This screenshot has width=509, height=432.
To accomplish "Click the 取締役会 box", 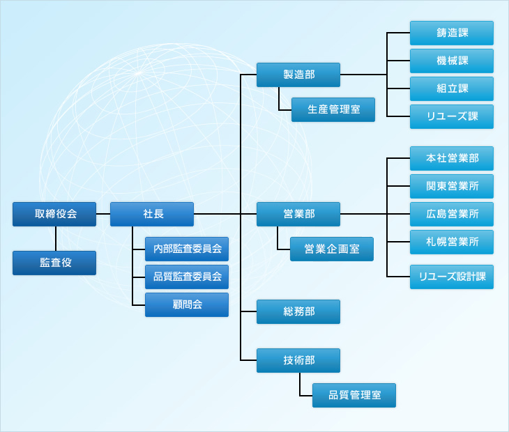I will click(x=54, y=214).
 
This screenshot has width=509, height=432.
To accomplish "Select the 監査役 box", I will click(x=54, y=263).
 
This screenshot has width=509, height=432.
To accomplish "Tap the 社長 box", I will click(x=152, y=214).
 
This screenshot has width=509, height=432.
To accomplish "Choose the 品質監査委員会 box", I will click(x=187, y=277).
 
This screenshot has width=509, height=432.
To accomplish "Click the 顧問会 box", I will click(x=187, y=304).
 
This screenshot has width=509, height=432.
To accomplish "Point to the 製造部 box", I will click(x=298, y=75).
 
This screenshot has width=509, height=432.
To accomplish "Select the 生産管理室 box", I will click(x=333, y=109).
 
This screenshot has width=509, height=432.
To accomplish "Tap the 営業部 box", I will click(x=298, y=214).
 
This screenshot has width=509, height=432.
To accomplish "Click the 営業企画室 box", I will click(x=332, y=249).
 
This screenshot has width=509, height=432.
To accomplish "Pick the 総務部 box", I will click(x=298, y=311).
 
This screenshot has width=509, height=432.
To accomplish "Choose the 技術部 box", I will click(x=298, y=360).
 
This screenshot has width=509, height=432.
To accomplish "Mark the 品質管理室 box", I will click(x=354, y=395).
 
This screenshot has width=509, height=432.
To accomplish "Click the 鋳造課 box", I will click(x=452, y=33).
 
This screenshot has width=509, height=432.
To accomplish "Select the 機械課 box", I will click(x=452, y=61).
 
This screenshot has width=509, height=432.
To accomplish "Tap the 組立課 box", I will click(x=452, y=88).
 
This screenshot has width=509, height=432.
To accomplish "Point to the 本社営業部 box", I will click(x=452, y=158).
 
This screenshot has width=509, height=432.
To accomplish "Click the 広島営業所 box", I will click(x=452, y=214).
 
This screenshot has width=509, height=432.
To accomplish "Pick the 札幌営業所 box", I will click(x=452, y=242).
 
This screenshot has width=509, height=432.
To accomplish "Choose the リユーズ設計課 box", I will click(x=452, y=277).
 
